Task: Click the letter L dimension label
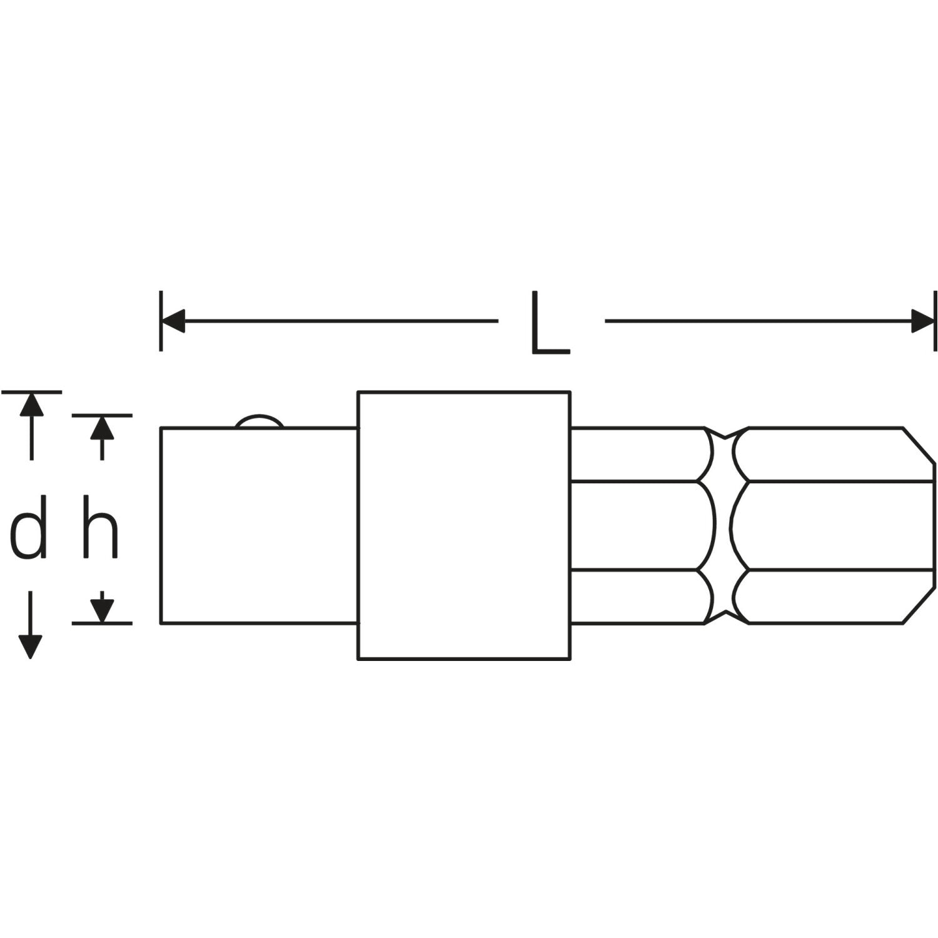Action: (550, 323)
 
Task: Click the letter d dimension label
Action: (29, 527)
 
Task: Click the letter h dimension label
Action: (101, 527)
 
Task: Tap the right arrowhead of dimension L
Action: (923, 321)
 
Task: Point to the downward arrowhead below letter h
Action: (102, 610)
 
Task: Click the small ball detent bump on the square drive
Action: (260, 421)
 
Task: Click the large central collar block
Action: (463, 525)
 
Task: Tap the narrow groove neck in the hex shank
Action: (724, 525)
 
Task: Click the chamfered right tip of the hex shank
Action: (919, 525)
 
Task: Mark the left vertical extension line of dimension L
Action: (161, 320)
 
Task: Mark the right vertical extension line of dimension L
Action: (935, 320)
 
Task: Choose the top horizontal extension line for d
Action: (31, 392)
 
